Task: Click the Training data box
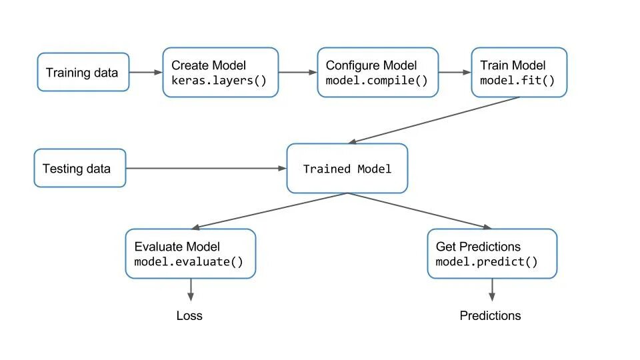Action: click(83, 72)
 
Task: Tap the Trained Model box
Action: click(347, 169)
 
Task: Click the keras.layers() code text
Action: click(219, 81)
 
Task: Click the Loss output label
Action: click(189, 315)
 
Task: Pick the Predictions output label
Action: click(490, 315)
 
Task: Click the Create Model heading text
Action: click(209, 65)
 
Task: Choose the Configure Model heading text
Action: click(371, 65)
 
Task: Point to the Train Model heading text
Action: click(513, 65)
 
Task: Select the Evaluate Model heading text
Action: click(177, 247)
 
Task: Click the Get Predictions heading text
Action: click(478, 247)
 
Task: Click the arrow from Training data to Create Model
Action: click(146, 72)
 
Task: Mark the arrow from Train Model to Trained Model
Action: click(433, 120)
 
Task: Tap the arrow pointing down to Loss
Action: click(191, 289)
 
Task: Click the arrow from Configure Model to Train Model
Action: click(455, 72)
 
